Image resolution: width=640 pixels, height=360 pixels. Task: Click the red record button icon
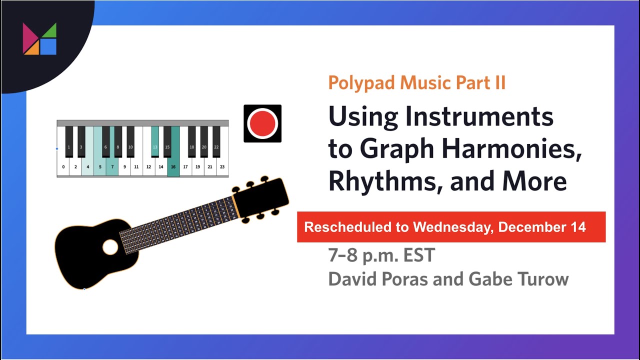[262, 123]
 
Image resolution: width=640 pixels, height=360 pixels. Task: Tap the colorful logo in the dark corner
[39, 38]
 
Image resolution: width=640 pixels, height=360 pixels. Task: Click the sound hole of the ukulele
[110, 246]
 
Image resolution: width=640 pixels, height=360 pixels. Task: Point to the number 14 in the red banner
[577, 227]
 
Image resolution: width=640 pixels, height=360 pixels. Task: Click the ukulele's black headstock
[260, 196]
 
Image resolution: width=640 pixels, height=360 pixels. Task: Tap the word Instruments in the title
[478, 116]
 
